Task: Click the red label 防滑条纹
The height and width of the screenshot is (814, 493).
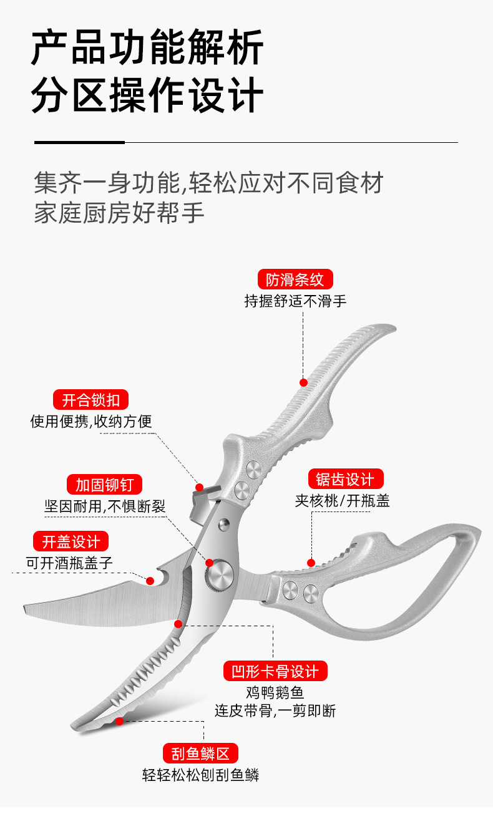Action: [295, 279]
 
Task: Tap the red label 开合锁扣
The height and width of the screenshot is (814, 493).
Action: [90, 399]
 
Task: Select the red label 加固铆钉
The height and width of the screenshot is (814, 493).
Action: [104, 484]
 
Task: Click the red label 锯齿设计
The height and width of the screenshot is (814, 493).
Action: [345, 479]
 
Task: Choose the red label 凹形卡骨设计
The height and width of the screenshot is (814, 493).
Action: [275, 671]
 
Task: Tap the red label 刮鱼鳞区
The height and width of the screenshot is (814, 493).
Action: [200, 753]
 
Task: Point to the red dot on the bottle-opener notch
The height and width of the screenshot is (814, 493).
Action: [150, 581]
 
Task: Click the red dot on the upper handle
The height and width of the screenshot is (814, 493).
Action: [303, 382]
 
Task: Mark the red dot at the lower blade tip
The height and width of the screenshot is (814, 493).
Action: [119, 721]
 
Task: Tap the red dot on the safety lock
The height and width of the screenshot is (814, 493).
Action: [200, 487]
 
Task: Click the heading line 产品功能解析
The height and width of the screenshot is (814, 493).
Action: [147, 49]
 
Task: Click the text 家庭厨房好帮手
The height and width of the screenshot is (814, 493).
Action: [119, 213]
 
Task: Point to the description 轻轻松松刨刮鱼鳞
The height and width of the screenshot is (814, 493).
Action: [200, 775]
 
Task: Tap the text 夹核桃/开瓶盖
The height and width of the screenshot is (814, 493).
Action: [342, 501]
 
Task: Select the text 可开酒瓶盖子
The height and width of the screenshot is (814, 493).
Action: [69, 562]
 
